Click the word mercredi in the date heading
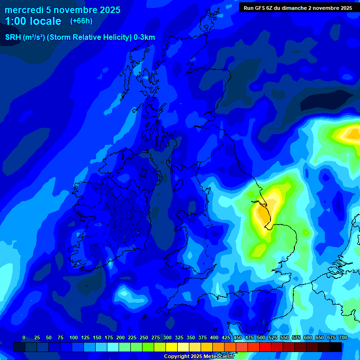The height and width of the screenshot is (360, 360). tap(24, 10)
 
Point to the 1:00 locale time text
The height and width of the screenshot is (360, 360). tap(33, 21)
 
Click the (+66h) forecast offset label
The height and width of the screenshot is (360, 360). tap(81, 21)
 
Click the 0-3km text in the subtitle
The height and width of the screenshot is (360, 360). tap(144, 37)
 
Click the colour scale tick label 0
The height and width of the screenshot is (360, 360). tap(24, 337)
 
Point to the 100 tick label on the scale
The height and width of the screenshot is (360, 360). tap(74, 337)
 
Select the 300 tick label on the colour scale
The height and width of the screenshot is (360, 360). tap(167, 337)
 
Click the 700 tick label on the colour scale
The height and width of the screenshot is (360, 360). tap(343, 337)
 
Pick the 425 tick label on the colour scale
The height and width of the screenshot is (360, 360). tap(226, 337)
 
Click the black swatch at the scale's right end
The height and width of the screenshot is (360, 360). tap(336, 347)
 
